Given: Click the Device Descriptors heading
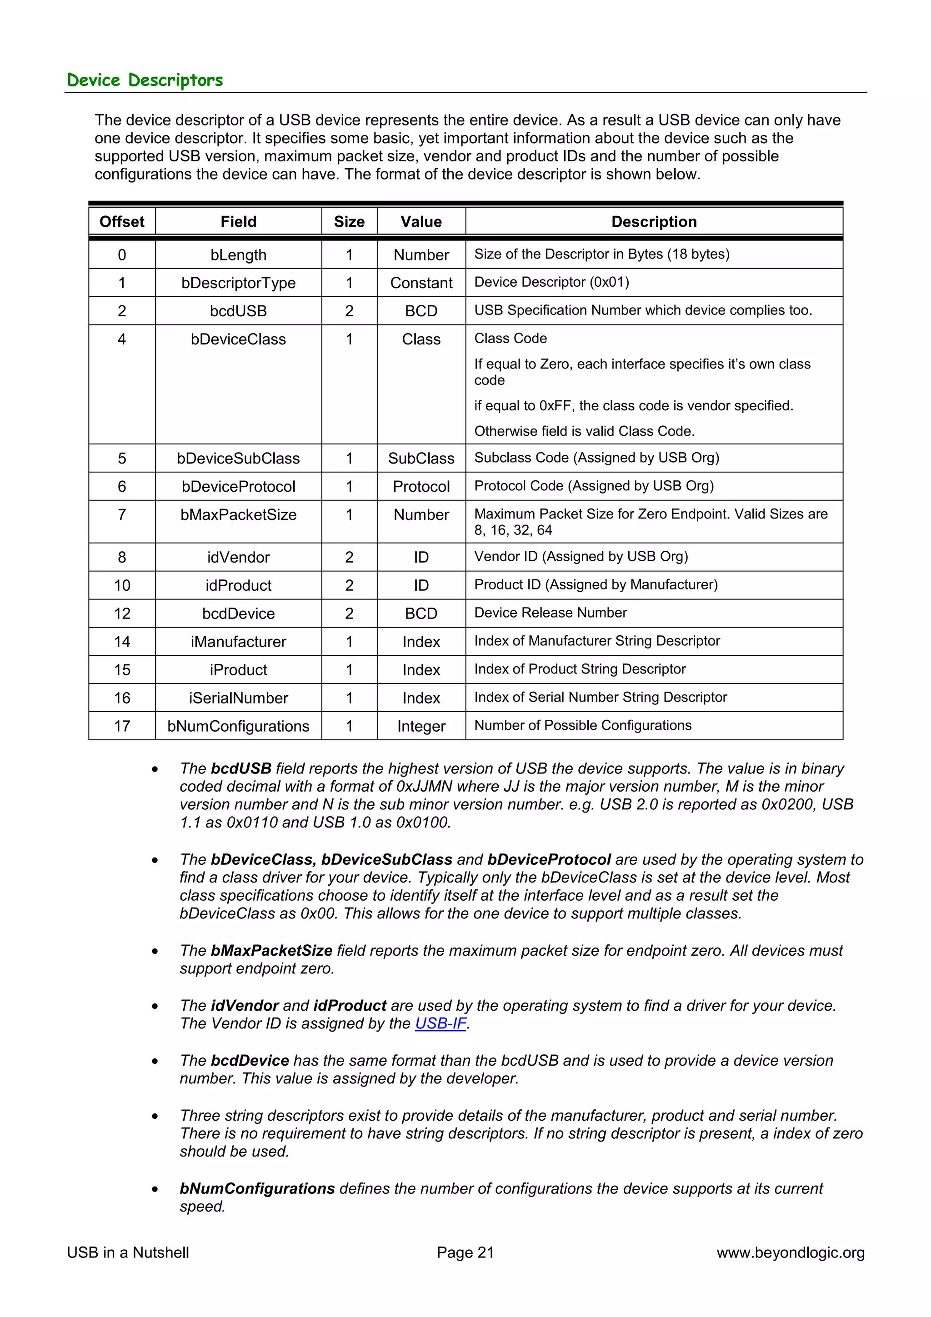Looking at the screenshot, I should pos(145,80).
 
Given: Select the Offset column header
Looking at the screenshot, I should pos(122,221).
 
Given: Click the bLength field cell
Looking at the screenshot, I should pos(238,254).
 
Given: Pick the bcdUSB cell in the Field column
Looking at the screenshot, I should pos(238,311).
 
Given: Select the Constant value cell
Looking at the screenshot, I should pos(421,283).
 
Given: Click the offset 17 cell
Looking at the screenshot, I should pos(122,726).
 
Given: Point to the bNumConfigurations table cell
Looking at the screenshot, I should pos(238,726).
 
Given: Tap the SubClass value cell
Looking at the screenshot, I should pos(421,458).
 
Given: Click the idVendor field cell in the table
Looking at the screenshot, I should pos(238,557).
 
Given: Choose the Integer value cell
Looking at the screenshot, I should pos(421,726).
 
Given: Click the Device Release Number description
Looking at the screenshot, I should pos(550,613).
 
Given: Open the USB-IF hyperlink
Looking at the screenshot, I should pos(440,1023).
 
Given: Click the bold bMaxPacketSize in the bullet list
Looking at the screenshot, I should pos(271,950).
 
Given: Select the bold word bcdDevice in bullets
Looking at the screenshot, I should pos(250,1061).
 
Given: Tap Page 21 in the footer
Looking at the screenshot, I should pos(465,1253).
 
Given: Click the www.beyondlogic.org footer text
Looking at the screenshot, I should pos(791,1253).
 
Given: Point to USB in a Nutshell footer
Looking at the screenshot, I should pos(128,1253).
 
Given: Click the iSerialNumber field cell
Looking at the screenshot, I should pos(238,698).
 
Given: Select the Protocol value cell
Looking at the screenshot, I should pos(421,486).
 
